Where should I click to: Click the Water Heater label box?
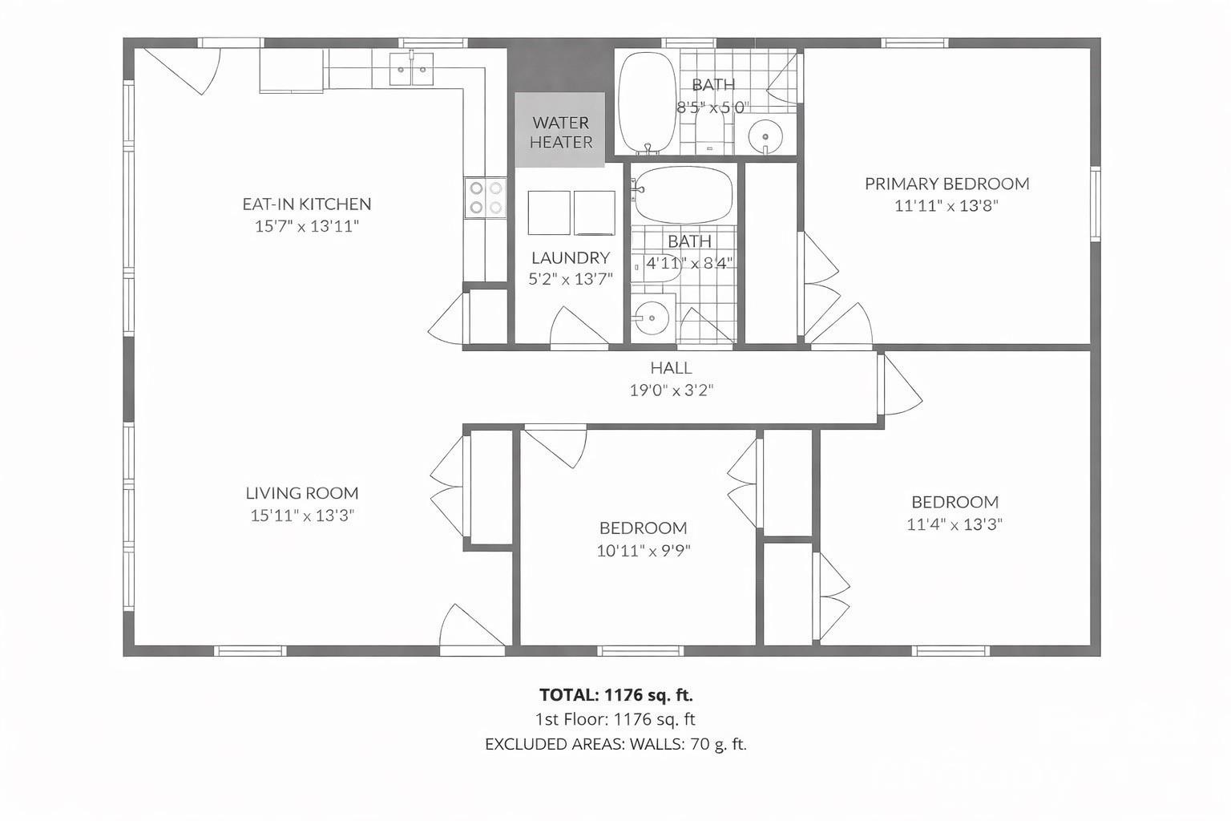point(559,131)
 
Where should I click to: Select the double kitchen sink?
point(411,69)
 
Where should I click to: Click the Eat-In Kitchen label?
point(306,204)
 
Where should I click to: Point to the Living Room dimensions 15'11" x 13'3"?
point(302,515)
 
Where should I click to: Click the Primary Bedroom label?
point(946,184)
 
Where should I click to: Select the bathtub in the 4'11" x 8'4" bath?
point(682,195)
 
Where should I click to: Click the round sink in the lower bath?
point(652,318)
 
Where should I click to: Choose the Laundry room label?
point(571,257)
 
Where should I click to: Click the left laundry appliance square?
point(549,212)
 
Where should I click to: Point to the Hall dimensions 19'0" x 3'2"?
point(671,390)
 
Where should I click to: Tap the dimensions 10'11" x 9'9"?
point(643,551)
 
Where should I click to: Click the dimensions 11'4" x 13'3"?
point(955,524)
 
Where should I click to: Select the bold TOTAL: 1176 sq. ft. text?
point(615,694)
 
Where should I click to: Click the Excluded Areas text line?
point(615,744)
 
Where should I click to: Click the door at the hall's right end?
point(899,386)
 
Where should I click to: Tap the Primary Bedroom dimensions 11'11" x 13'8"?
point(946,206)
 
